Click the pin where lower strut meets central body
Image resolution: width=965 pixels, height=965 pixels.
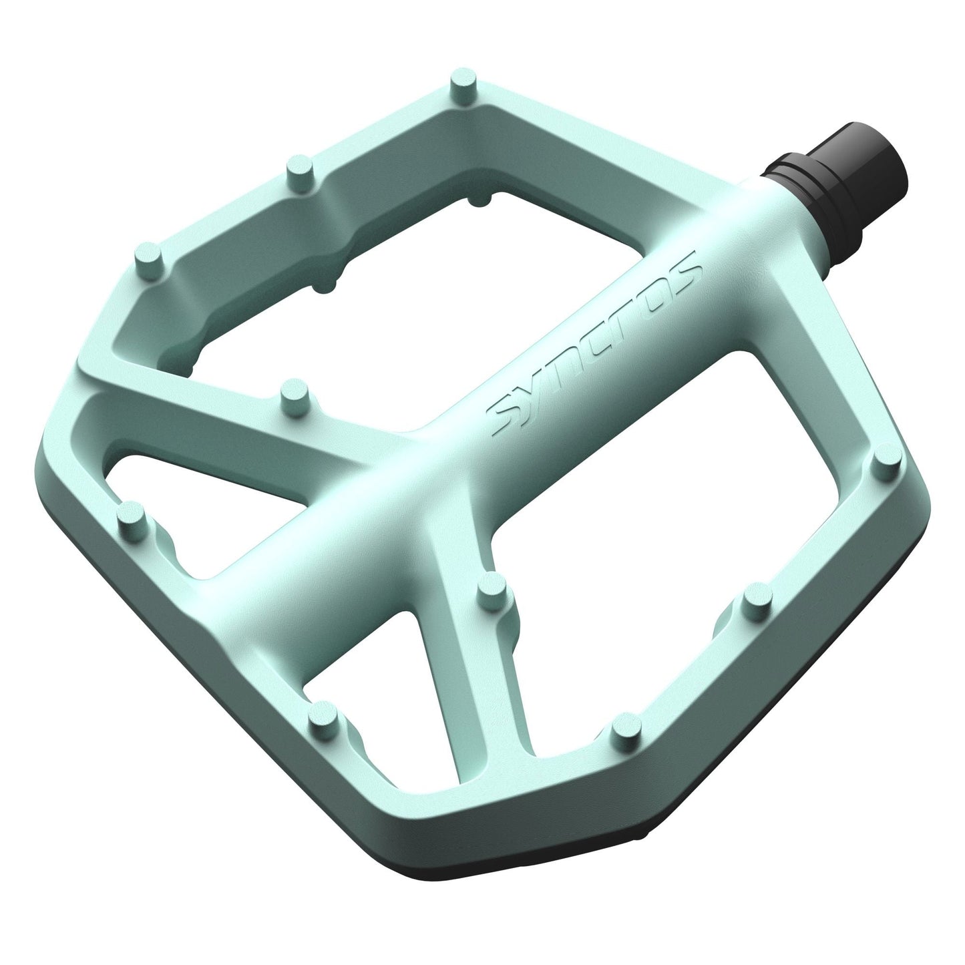495,588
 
